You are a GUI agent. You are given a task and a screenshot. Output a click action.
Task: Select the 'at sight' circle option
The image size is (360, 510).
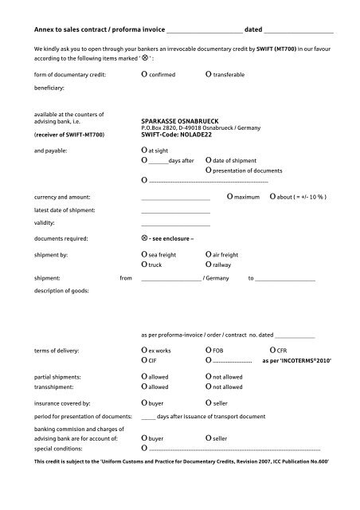143,149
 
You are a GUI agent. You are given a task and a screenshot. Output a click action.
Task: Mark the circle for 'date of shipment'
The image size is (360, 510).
208,160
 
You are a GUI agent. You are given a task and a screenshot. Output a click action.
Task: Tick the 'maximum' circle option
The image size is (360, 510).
229,196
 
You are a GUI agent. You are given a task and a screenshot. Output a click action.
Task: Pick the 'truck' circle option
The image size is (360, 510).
143,265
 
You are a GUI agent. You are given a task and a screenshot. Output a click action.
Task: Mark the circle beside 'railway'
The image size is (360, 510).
208,265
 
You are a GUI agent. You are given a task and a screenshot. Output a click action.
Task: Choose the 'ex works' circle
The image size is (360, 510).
143,350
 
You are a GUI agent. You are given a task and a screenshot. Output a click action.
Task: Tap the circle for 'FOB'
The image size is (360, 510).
208,350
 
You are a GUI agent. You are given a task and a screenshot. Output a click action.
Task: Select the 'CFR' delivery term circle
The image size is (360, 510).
272,350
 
